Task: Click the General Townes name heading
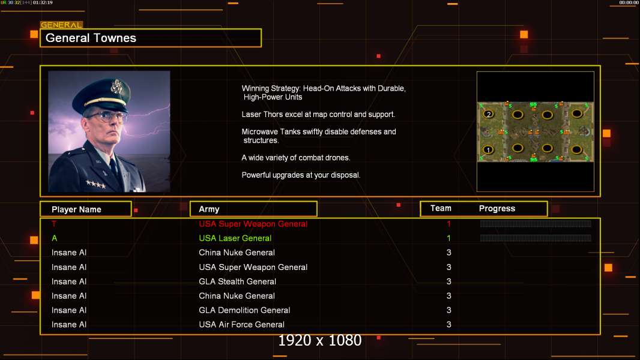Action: pos(91,38)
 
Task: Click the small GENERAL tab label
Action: pos(61,25)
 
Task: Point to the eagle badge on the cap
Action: pos(116,86)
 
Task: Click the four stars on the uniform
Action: pos(96,184)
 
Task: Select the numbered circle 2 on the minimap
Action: pos(489,114)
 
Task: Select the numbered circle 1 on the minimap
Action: pos(488,149)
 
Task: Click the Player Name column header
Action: pos(76,209)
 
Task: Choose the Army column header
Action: pos(209,209)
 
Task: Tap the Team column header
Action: pos(441,208)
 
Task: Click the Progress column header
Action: pos(497,208)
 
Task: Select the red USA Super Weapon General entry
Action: pos(253,224)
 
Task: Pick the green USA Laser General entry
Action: pos(235,238)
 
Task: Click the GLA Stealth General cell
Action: pos(238,281)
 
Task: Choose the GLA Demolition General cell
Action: pos(244,310)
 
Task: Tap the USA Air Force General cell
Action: pos(241,325)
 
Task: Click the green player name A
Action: pos(54,238)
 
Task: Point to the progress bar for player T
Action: pos(536,223)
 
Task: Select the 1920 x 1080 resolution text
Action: pos(320,340)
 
